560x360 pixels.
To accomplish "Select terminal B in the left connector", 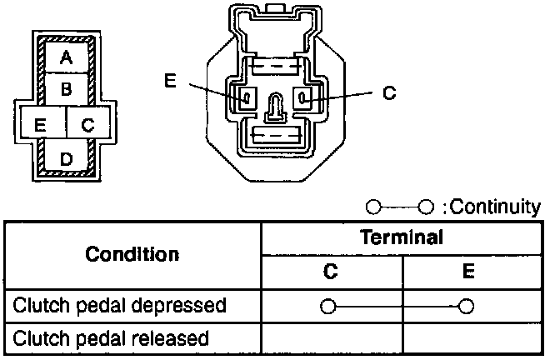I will pyautogui.click(x=66, y=87).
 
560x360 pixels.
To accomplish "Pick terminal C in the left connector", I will pyautogui.click(x=88, y=126).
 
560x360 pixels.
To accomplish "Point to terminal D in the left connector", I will pyautogui.click(x=66, y=157).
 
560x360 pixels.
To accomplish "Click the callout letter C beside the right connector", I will pyautogui.click(x=388, y=93).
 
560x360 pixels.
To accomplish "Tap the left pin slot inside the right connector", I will pyautogui.click(x=247, y=98).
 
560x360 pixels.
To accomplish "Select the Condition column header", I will pyautogui.click(x=132, y=253).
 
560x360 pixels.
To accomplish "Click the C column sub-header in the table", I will pyautogui.click(x=332, y=272).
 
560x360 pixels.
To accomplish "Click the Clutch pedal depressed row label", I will pyautogui.click(x=120, y=305).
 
